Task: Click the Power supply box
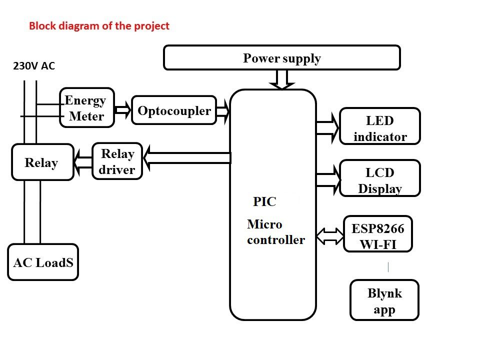click(282, 57)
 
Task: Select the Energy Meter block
click(87, 107)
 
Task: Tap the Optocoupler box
click(174, 110)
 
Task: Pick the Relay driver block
click(117, 161)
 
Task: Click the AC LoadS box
click(43, 262)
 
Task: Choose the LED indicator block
click(380, 126)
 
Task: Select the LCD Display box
click(380, 178)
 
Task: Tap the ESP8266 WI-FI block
click(378, 234)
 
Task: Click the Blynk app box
click(384, 300)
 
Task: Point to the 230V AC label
click(34, 66)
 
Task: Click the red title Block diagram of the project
click(99, 25)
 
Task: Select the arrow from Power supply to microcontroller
click(282, 79)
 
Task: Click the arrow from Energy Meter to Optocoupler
click(123, 109)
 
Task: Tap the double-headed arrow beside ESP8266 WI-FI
click(330, 236)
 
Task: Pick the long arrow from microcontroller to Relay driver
click(187, 158)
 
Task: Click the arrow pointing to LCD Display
click(328, 179)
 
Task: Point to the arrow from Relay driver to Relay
click(83, 162)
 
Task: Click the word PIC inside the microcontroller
click(264, 201)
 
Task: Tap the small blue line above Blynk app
click(388, 267)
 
